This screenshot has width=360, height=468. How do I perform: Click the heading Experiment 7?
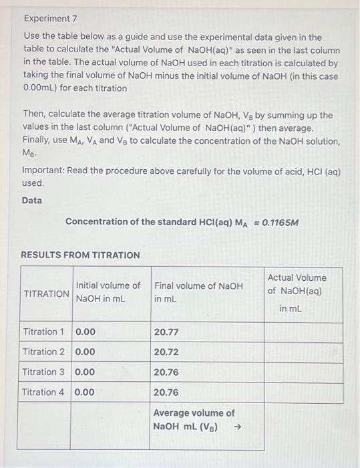click(x=49, y=19)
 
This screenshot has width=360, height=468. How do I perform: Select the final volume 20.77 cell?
click(x=166, y=332)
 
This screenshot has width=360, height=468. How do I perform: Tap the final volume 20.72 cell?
click(x=166, y=352)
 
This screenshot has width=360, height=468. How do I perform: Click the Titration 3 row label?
click(x=44, y=372)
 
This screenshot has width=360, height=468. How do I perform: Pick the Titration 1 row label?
click(x=44, y=332)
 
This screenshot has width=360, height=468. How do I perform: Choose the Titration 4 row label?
click(x=44, y=392)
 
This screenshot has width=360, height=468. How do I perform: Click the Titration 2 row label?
click(x=44, y=352)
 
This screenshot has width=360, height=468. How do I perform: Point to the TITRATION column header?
click(x=46, y=294)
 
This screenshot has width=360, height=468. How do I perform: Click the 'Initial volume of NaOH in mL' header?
click(x=108, y=291)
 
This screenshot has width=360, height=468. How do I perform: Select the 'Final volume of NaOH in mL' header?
click(x=198, y=291)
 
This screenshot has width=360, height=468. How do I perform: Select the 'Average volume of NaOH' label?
click(x=194, y=413)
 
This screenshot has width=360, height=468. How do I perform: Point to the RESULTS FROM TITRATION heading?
click(x=81, y=255)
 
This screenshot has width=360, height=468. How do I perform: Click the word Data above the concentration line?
click(x=31, y=200)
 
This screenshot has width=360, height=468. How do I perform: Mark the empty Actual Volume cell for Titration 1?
click(x=304, y=332)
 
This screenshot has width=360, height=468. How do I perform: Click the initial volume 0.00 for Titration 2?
click(x=85, y=352)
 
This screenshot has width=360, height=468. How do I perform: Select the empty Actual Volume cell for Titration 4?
click(x=304, y=392)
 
